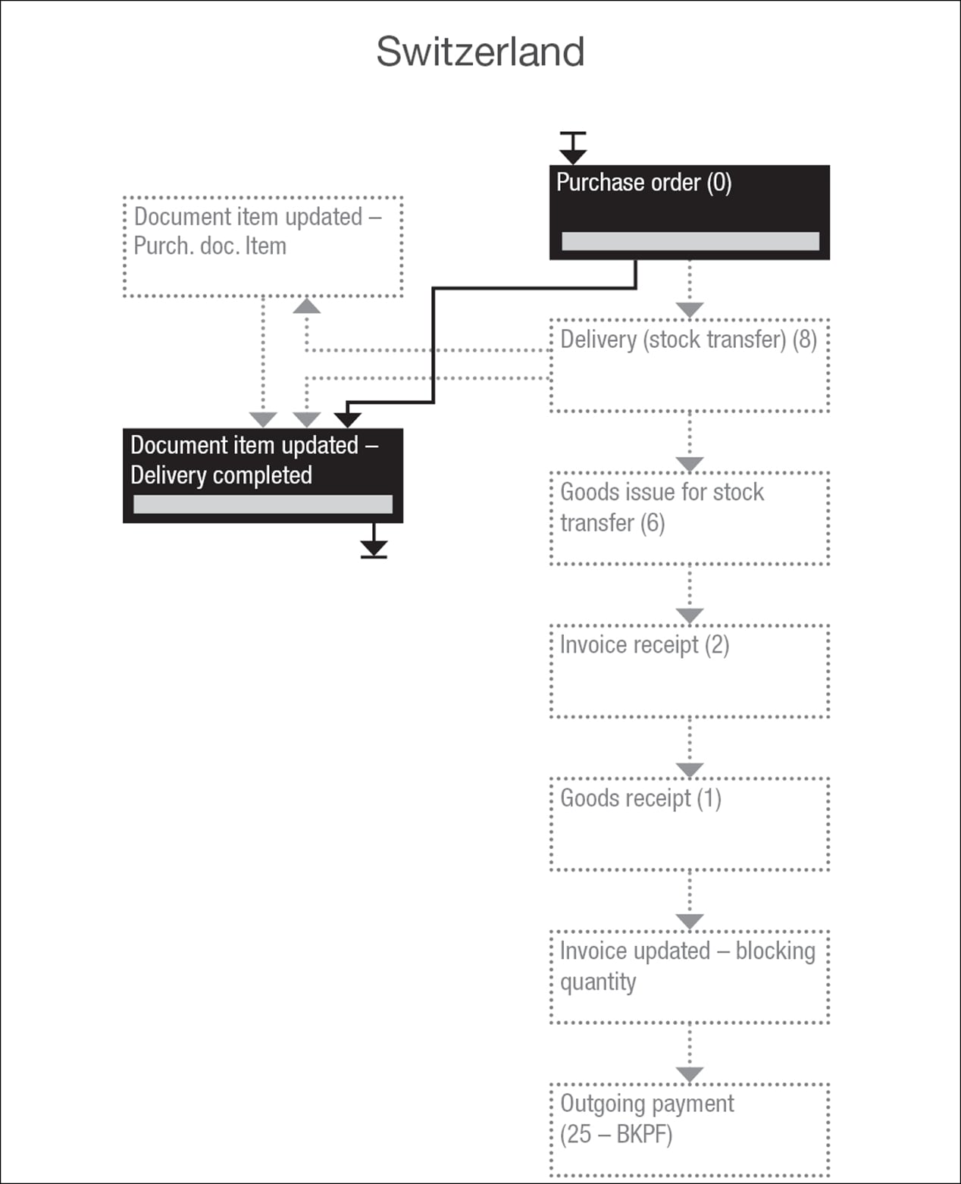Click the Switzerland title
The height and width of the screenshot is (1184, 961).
tap(480, 52)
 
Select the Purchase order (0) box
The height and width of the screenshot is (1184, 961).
tap(690, 212)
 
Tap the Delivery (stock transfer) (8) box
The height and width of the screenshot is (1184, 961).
tap(690, 365)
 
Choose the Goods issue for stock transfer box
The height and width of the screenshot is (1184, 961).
tap(690, 518)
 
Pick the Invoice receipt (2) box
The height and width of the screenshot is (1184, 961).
tap(690, 671)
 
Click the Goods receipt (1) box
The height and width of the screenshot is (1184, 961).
tap(690, 824)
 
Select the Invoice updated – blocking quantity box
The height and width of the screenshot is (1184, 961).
tap(690, 976)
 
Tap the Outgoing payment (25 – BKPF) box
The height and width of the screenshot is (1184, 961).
tap(690, 1129)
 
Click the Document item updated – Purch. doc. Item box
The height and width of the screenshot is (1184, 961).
tap(263, 247)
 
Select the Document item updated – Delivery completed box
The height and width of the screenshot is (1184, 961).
tap(263, 475)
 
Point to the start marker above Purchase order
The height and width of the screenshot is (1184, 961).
tap(573, 148)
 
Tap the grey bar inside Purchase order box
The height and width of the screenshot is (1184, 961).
tap(690, 241)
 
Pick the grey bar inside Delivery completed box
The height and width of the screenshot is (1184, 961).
tap(263, 504)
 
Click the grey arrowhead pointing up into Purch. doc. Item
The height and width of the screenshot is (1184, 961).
tap(307, 305)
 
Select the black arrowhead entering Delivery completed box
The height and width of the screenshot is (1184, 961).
tap(347, 420)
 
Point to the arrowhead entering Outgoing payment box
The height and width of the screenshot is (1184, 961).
tap(690, 1075)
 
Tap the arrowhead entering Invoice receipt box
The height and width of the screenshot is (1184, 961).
tap(690, 616)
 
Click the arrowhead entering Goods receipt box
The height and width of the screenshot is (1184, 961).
tap(690, 769)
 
